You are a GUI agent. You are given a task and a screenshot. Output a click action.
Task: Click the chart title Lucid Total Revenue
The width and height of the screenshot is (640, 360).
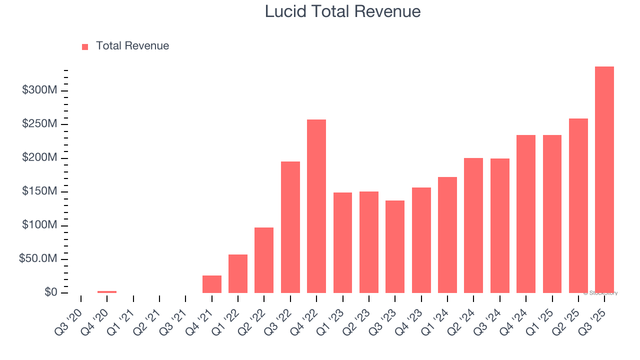342,11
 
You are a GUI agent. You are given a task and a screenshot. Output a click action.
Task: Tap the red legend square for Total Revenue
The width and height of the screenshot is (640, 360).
85,46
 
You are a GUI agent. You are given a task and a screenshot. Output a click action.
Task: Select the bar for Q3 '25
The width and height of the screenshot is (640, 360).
604,179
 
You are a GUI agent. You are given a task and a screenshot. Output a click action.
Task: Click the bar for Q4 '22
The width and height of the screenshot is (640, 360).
316,206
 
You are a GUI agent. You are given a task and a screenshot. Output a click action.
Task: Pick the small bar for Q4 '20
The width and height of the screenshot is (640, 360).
107,291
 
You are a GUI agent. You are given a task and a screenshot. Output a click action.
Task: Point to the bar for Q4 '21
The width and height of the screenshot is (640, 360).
212,284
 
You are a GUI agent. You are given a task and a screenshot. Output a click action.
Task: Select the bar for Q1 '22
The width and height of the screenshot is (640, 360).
238,273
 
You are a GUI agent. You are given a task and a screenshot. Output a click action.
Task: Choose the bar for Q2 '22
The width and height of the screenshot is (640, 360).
264,260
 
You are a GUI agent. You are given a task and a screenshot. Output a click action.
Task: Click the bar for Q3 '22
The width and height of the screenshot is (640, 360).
290,227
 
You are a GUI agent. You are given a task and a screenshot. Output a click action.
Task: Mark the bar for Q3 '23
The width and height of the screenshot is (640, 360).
395,246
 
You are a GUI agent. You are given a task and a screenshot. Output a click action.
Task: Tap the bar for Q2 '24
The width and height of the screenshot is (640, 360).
473,225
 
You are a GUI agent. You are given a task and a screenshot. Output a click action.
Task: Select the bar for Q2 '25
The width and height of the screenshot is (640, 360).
578,205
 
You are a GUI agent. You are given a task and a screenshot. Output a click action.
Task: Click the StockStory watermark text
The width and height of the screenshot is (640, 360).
600,293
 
